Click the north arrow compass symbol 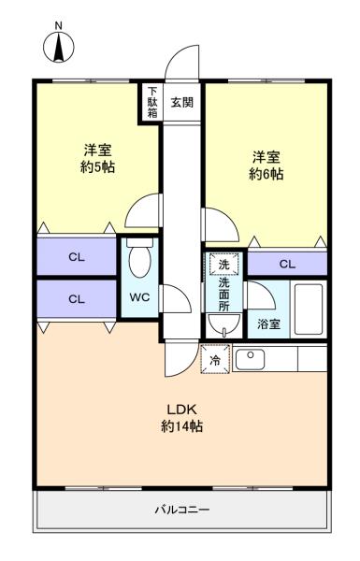point(59,47)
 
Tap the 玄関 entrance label point(182,103)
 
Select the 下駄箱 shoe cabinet point(152,103)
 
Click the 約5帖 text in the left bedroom point(97,167)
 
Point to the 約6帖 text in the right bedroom point(266,174)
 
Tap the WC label point(140,297)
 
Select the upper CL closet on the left point(77,256)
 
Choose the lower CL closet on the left point(77,298)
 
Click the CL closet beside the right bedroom point(287,264)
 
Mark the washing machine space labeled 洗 point(224,264)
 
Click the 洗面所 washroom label point(224,295)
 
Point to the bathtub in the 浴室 point(309,309)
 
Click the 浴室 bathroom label point(268,324)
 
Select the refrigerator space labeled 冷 point(215,359)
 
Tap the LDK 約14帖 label point(182,418)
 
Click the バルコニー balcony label point(182,510)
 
